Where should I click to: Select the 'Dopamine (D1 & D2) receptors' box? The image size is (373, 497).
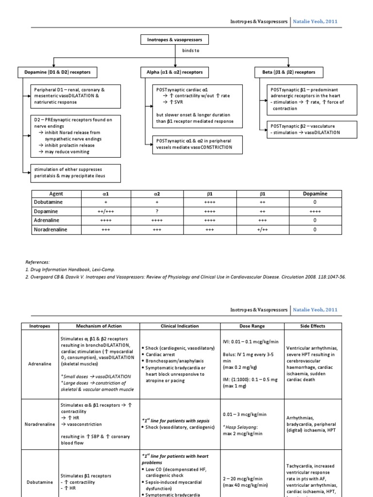click(57, 72)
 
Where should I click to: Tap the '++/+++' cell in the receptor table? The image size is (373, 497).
click(105, 212)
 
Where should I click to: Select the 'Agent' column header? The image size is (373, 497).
click(57, 194)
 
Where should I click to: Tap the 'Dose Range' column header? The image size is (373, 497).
click(252, 326)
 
